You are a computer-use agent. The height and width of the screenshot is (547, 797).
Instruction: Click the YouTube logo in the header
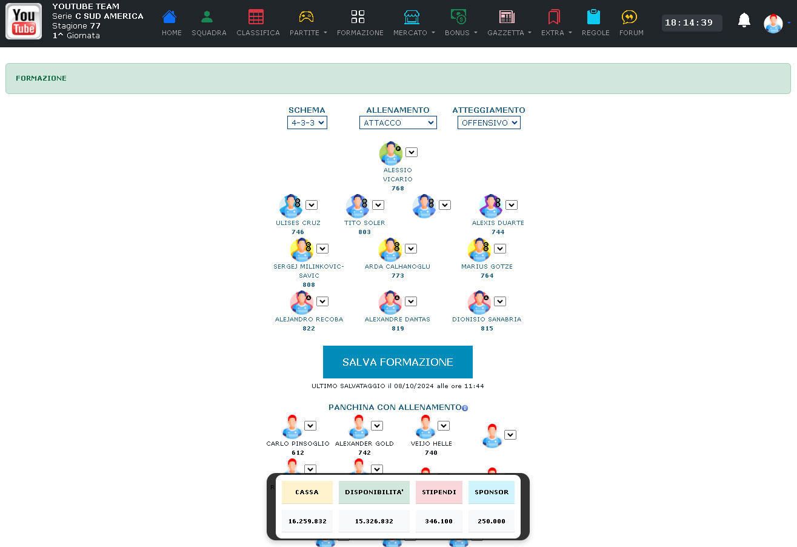coord(24,21)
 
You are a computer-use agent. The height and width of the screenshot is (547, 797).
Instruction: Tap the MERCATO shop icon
coord(412,17)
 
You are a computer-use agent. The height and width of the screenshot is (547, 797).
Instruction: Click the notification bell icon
coord(744,20)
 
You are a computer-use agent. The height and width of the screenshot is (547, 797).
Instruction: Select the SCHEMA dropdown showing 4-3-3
coord(307,123)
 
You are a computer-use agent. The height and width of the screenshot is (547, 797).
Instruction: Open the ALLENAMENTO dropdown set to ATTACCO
coord(398,123)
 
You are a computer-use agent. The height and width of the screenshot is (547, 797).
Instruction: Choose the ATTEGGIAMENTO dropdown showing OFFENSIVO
coord(489,123)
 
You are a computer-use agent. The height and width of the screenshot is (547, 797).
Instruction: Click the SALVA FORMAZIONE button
coord(398,362)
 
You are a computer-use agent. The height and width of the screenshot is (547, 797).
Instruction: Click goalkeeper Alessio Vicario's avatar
coord(391,153)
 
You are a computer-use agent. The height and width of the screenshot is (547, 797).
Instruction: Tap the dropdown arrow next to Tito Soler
coord(378,205)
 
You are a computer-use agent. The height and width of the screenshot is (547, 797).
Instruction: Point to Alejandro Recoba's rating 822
coord(309,328)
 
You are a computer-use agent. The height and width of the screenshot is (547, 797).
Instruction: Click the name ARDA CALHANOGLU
coord(398,266)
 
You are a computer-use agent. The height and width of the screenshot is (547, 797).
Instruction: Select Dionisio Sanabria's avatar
coord(479,303)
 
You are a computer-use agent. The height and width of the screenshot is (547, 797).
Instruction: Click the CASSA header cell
coord(307,492)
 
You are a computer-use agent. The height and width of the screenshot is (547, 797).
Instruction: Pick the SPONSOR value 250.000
coord(492,521)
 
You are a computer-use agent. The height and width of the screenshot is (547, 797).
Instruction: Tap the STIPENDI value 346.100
coord(439,521)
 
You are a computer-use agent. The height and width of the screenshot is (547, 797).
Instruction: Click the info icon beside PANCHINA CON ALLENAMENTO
coord(465,408)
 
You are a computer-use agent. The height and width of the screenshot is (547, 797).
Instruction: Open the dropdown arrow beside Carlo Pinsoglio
coord(310,426)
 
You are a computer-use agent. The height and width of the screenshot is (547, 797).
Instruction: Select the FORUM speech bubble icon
coord(629,17)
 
